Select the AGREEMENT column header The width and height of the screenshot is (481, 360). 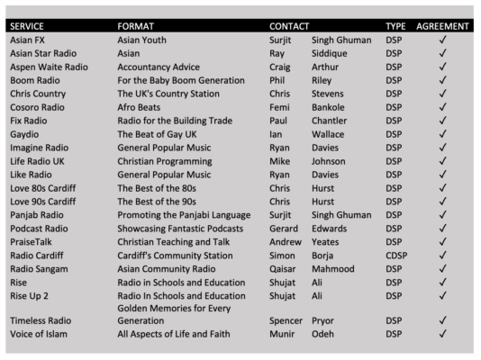tap(443, 26)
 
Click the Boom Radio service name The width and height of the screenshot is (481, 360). tap(34, 80)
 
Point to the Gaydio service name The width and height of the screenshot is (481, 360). tap(25, 134)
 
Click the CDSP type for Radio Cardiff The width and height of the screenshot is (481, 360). tap(396, 255)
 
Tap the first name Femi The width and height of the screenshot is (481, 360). tap(279, 107)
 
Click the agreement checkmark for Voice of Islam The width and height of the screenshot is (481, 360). tap(442, 335)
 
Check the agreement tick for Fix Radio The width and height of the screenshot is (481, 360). tap(442, 121)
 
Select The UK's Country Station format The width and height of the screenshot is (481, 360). tap(168, 94)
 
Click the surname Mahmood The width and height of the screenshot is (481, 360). tap(337, 268)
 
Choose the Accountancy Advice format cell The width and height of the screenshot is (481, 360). tap(159, 67)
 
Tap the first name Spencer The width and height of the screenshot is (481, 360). tap(286, 320)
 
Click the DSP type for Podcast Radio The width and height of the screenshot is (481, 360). tap(395, 228)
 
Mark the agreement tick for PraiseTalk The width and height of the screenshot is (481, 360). tap(442, 241)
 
